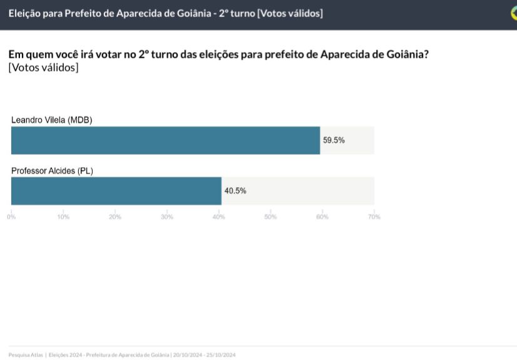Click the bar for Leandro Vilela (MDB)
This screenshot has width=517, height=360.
pos(165,140)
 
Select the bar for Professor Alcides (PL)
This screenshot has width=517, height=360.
pos(116,191)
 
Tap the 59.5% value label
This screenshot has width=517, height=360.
pos(334,140)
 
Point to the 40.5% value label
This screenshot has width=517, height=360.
pos(235,191)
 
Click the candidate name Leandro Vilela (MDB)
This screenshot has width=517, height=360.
pos(52,120)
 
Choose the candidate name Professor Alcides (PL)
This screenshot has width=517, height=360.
pos(52,170)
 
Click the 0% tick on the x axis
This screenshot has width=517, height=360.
pos(11,217)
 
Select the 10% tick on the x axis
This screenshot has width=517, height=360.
pos(63,217)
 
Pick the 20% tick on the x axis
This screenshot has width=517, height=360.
pos(115,217)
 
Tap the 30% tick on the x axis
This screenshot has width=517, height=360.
pos(167,217)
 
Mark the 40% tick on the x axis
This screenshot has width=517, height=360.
pos(218,217)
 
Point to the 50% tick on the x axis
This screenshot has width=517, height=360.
pos(270,217)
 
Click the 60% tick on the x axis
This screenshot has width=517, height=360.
pos(322,217)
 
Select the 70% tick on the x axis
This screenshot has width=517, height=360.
pos(374,217)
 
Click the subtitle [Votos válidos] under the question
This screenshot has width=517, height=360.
pos(44,68)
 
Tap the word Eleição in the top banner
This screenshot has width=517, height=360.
pos(26,13)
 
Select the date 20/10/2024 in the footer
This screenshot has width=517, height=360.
pos(187,355)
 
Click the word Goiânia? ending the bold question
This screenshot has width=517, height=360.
pos(406,54)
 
